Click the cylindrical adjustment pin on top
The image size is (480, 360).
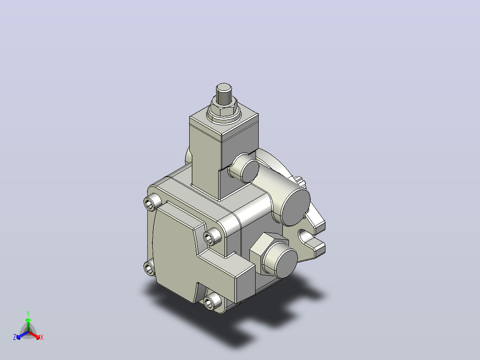224,94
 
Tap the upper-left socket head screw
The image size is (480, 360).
152,203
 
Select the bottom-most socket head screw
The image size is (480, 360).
212,302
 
